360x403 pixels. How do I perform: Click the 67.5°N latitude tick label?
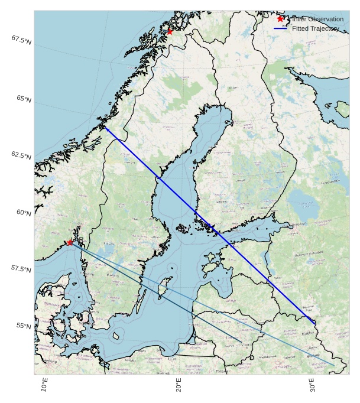point(21,40)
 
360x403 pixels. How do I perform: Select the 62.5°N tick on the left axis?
point(21,155)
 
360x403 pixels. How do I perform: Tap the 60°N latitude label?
point(23,212)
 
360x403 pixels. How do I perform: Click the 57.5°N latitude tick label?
point(21,269)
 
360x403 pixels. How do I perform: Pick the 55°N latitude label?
point(23,326)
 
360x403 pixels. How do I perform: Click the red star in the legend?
point(281,19)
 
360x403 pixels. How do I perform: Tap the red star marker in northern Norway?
point(170,31)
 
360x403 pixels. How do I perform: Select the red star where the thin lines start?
point(70,242)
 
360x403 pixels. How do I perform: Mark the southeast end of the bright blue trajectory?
point(314,324)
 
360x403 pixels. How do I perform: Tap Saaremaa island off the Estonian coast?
point(210,260)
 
